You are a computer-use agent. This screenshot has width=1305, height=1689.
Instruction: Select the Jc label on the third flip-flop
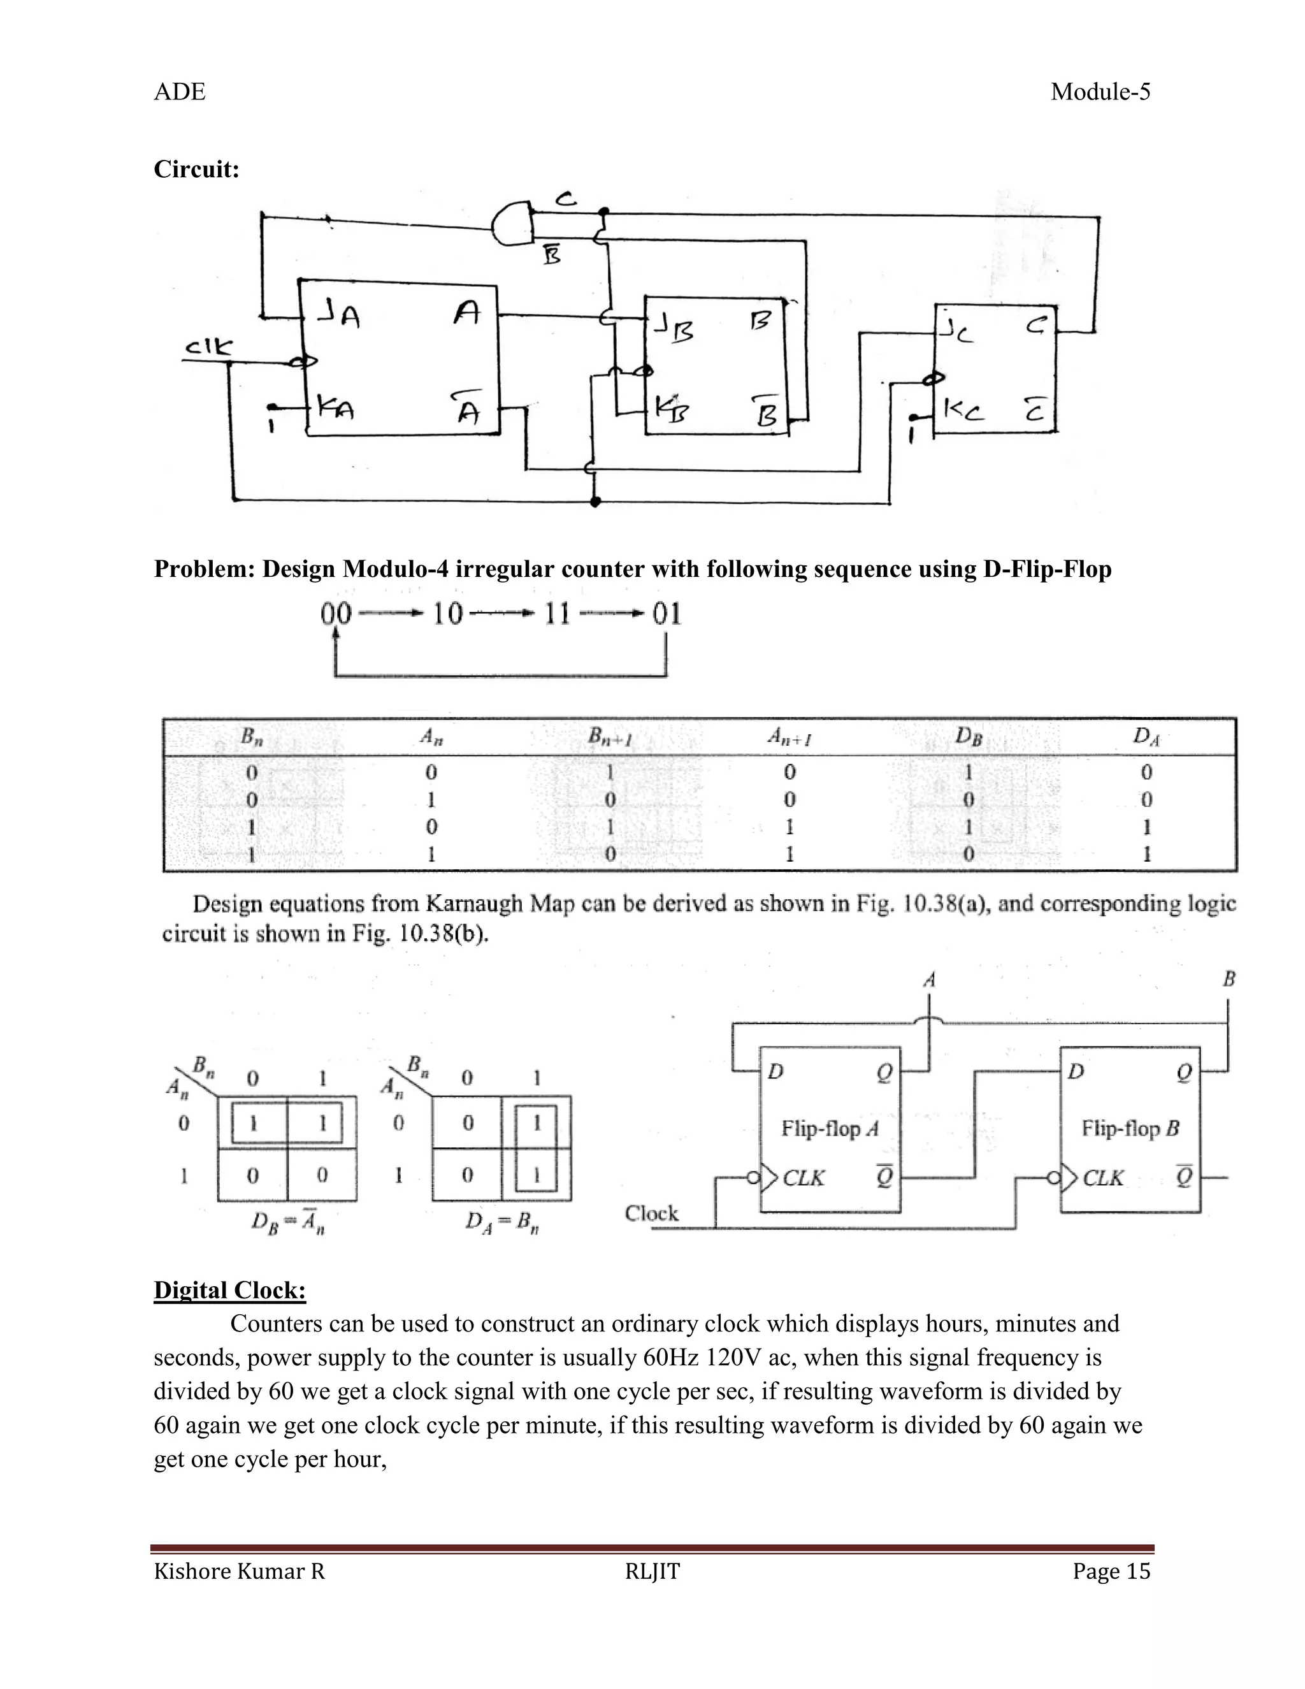pyautogui.click(x=956, y=332)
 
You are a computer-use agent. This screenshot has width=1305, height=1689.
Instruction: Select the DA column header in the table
pyautogui.click(x=1146, y=736)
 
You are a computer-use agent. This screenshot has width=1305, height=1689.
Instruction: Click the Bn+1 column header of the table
pyautogui.click(x=610, y=737)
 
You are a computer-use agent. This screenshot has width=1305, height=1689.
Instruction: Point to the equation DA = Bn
pyautogui.click(x=501, y=1222)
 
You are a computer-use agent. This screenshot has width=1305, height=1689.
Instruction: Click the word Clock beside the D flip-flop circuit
pyautogui.click(x=651, y=1213)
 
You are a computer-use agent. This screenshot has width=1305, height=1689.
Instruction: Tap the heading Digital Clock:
pyautogui.click(x=229, y=1290)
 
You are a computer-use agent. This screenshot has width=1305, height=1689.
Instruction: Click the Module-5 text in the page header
pyautogui.click(x=1100, y=92)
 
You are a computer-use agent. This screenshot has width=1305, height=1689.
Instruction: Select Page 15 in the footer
pyautogui.click(x=1111, y=1572)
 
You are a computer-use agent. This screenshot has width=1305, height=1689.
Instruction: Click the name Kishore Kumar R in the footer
pyautogui.click(x=239, y=1572)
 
